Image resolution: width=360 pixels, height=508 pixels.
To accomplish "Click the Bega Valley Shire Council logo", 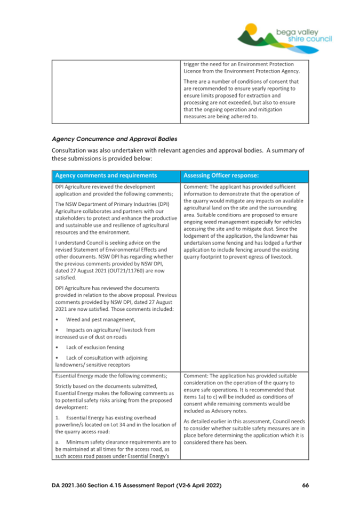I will [x=285, y=35].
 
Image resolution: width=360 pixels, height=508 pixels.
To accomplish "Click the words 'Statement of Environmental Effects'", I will [x=127, y=250].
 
